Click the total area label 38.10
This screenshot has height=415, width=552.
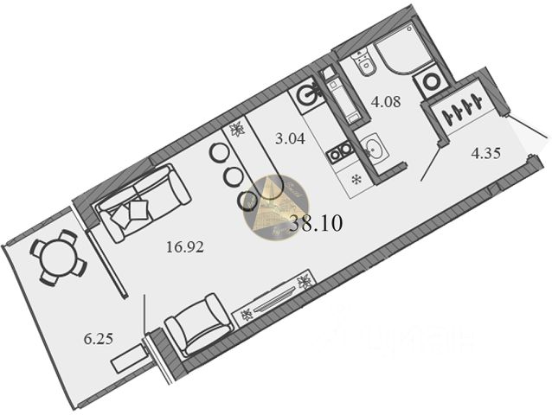(x=318, y=223)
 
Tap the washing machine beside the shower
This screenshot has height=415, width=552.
(x=430, y=82)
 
